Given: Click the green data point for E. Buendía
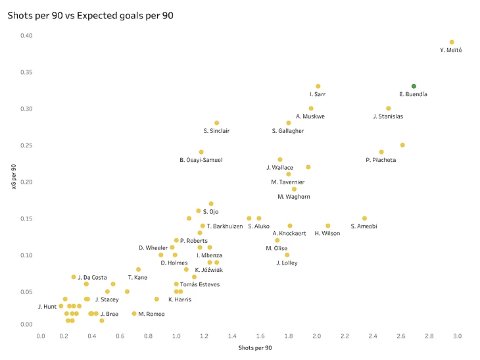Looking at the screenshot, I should [x=414, y=86].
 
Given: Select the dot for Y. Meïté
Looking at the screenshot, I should [x=452, y=42].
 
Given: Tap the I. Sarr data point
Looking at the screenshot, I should [x=318, y=86].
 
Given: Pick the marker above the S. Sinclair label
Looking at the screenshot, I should [x=216, y=123].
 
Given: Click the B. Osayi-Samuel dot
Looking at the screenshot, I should [x=201, y=152].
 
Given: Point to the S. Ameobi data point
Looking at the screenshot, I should [x=364, y=219].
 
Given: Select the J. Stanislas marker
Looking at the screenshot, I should [x=389, y=109].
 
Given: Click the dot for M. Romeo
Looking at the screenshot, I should [x=134, y=314].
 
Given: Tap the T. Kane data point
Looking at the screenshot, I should [x=139, y=269].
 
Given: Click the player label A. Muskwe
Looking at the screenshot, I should [x=310, y=116].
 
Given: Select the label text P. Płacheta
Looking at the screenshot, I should [x=381, y=160].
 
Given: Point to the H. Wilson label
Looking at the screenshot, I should [x=327, y=234].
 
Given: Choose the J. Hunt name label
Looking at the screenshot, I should [x=48, y=306].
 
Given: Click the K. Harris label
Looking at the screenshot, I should [x=180, y=299].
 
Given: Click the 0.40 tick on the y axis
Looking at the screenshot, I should [x=26, y=36].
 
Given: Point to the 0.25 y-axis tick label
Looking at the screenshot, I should [x=26, y=145].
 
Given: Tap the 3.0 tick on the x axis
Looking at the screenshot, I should [x=457, y=336].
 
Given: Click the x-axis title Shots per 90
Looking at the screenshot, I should [x=249, y=347].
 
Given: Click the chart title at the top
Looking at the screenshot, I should [x=95, y=14].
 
